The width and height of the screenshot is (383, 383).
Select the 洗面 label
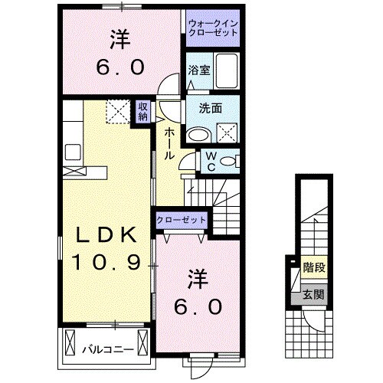[x=210, y=108]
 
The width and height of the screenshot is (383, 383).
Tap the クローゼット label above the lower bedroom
[x=182, y=220]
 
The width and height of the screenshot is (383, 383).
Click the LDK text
[x=106, y=235]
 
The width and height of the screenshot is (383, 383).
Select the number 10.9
[x=106, y=264]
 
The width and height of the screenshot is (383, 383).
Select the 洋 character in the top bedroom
[x=119, y=38]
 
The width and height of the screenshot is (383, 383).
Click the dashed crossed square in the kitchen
[x=118, y=113]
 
